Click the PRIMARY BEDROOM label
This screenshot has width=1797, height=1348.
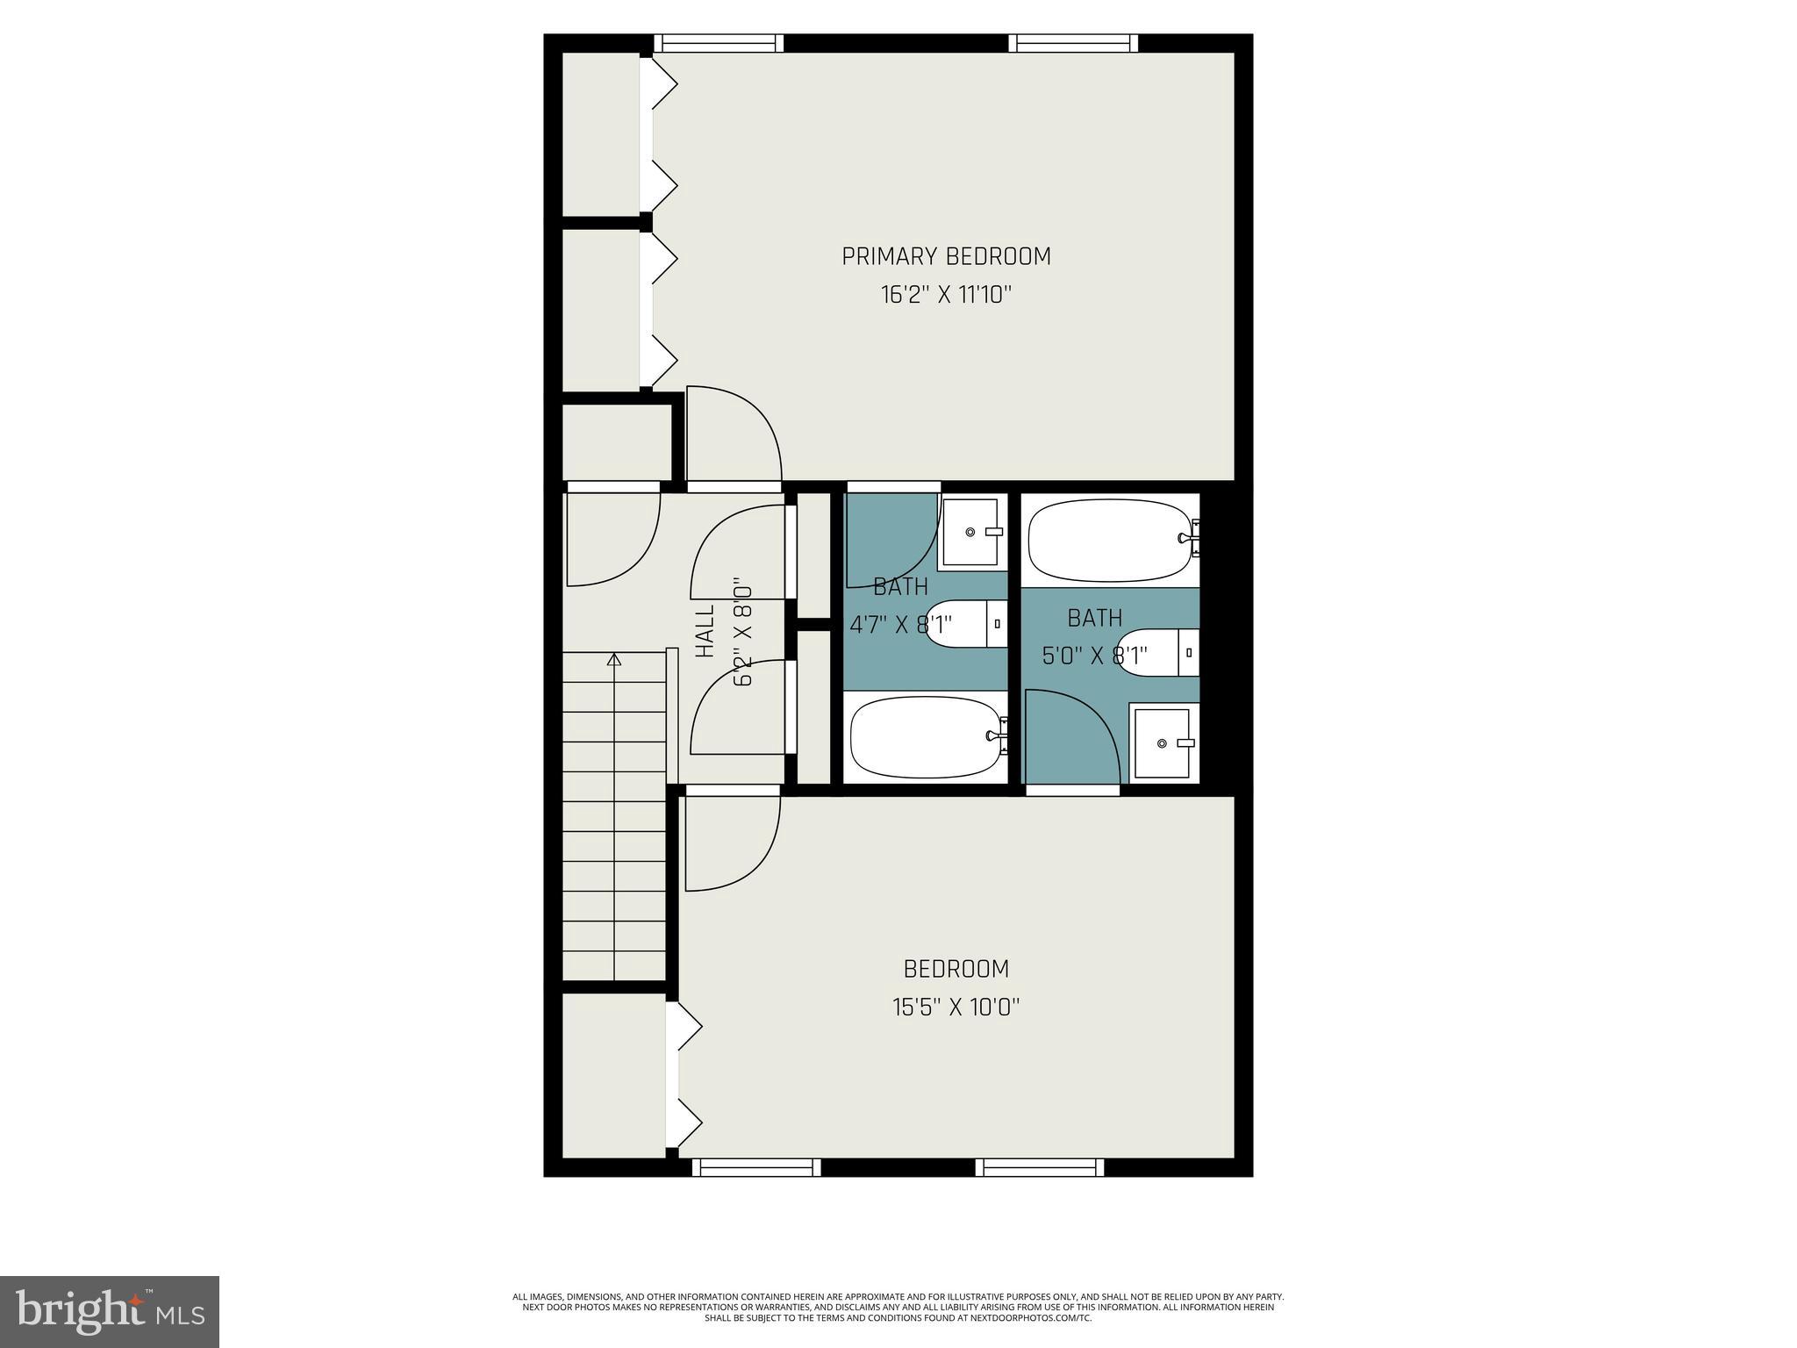pos(946,256)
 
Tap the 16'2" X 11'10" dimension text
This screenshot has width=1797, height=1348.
pos(946,294)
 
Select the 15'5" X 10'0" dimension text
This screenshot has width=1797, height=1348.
pos(956,1007)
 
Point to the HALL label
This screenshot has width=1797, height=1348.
pos(705,630)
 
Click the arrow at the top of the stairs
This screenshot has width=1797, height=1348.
pos(614,659)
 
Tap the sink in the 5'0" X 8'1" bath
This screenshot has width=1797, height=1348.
pos(1163,743)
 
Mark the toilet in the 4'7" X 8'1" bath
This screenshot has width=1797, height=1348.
pos(965,624)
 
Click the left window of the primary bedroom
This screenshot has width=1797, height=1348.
pos(719,43)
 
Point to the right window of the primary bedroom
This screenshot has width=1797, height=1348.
pos(1072,43)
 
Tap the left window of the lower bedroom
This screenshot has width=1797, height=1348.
pos(755,1167)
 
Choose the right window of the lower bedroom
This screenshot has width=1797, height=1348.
pos(1039,1167)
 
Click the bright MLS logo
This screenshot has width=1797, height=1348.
pos(110,1311)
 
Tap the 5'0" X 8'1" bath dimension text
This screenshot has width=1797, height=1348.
pos(1094,656)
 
